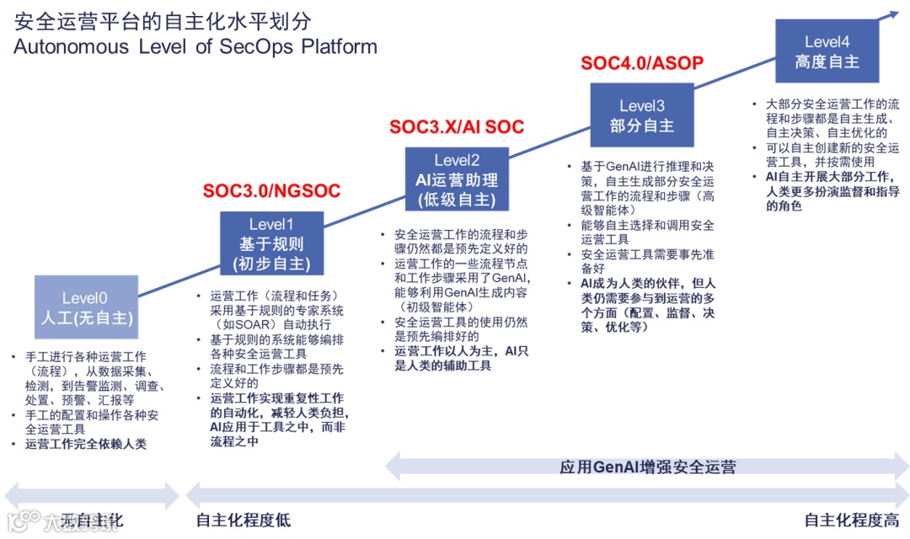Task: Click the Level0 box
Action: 86,308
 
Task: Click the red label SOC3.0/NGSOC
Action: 271,191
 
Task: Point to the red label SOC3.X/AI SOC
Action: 457,127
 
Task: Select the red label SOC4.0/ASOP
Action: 642,63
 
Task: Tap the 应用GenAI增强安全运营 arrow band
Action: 647,466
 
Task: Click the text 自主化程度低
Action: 243,520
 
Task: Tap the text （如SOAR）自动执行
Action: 271,324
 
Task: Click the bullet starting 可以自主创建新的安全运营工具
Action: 826,154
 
